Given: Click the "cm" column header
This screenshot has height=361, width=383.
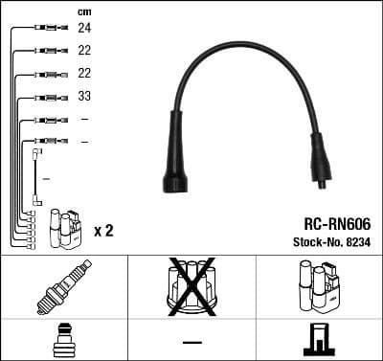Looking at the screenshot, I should [x=83, y=11].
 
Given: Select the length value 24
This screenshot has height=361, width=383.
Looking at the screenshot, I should [x=84, y=29].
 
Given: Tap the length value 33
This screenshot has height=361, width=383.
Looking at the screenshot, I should [x=84, y=97].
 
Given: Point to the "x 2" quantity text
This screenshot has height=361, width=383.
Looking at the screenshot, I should [x=103, y=231].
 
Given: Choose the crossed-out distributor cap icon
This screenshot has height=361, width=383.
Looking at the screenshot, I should [x=191, y=285].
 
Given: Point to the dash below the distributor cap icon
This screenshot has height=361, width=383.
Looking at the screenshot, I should [x=191, y=341].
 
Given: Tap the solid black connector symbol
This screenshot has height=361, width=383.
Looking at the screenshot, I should [x=319, y=340].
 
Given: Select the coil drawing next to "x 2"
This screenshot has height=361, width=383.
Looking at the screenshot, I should [x=68, y=227].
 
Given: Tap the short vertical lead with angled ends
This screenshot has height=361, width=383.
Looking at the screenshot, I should [x=36, y=177].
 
